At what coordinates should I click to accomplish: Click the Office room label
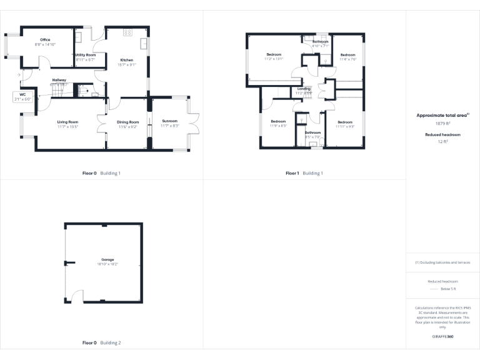(x=45, y=40)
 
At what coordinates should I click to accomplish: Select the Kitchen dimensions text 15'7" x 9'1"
(x=127, y=65)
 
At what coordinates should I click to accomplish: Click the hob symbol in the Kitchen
(x=127, y=32)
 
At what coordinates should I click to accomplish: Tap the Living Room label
(x=67, y=122)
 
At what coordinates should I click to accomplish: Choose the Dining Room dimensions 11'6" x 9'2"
(x=128, y=127)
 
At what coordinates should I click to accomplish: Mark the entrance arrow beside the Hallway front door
(x=20, y=74)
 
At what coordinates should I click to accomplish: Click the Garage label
(x=108, y=259)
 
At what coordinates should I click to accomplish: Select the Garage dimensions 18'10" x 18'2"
(x=108, y=264)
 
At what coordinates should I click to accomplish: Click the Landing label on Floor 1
(x=303, y=89)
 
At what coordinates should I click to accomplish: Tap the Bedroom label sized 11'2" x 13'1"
(x=274, y=54)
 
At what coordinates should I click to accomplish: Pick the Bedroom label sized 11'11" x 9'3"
(x=345, y=122)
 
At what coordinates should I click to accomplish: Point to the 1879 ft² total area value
(x=442, y=123)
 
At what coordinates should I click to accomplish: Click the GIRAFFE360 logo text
(x=442, y=337)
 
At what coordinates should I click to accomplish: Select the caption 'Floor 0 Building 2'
(x=102, y=343)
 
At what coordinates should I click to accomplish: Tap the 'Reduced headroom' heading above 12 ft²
(x=442, y=134)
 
